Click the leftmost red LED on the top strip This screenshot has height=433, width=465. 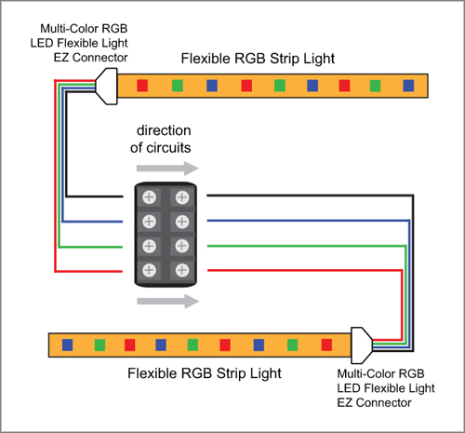click(142, 86)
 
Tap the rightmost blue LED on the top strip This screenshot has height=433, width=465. click(408, 86)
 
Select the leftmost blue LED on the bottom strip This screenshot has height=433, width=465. click(67, 345)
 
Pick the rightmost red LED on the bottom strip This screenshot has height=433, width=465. click(326, 345)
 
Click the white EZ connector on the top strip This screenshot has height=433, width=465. click(107, 87)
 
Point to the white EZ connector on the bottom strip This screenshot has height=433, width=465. click(361, 345)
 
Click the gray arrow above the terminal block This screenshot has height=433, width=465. click(167, 169)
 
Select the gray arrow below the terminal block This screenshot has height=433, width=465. click(167, 301)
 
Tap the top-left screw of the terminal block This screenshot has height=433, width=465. click(149, 197)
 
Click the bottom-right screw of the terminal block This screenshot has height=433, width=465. click(182, 270)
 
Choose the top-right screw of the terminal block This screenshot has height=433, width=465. click(182, 197)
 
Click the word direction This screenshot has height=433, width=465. click(164, 130)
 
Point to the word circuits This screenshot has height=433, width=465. click(168, 148)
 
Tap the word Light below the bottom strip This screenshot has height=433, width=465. click(267, 373)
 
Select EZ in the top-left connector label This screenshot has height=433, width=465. click(61, 58)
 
